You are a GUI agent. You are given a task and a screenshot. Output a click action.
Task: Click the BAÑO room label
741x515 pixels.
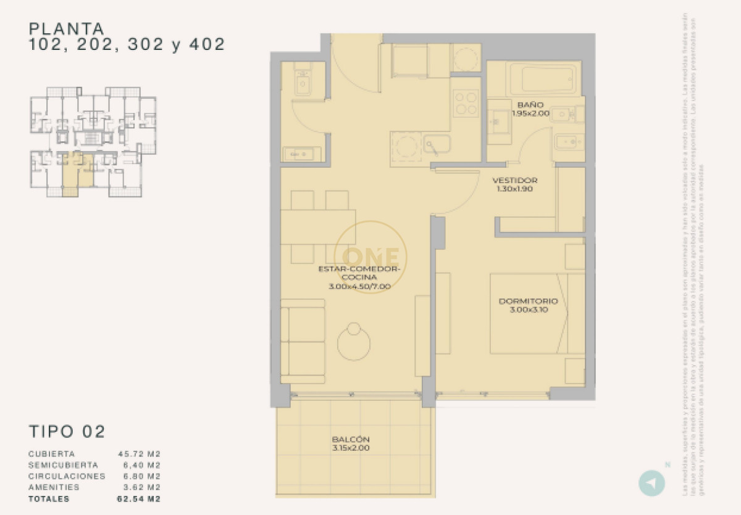[530, 105]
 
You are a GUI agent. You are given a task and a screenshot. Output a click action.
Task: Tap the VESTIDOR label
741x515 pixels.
[515, 180]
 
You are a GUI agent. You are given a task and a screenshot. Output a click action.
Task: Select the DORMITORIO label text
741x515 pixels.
[529, 302]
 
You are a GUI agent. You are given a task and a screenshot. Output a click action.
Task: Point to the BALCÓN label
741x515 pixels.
[351, 439]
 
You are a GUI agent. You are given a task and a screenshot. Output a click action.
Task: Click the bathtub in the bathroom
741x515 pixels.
[543, 80]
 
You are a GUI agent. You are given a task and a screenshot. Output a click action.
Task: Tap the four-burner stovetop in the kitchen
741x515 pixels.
[466, 103]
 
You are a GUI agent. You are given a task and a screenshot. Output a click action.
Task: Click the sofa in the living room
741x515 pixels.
[303, 341]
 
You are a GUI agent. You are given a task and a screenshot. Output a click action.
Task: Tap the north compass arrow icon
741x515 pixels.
[651, 482]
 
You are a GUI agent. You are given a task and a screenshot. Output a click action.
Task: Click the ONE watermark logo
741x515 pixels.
[371, 255]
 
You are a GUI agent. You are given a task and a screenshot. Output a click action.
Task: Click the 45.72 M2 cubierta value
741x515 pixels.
[140, 454]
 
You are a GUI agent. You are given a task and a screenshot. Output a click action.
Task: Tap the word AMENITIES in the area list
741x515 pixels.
[54, 487]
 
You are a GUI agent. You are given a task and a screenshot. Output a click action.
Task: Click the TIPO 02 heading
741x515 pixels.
[67, 431]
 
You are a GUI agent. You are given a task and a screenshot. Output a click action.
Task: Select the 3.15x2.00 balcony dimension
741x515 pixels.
[351, 448]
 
